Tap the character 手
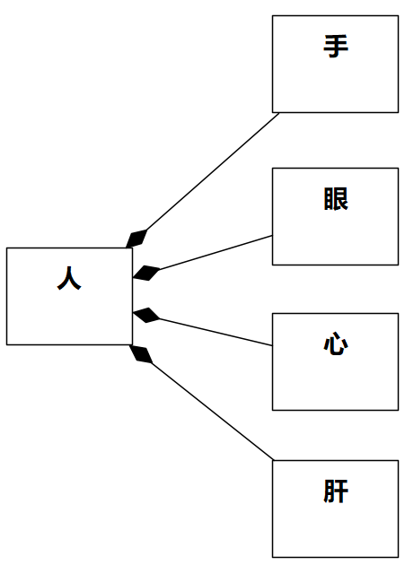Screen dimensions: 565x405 336,47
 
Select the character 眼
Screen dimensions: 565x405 336,199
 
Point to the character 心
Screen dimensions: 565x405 336,344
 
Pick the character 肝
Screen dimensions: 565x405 336,491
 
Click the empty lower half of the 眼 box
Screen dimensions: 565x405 336,240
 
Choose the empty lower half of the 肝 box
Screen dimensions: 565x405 336,533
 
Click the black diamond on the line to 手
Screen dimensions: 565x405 137,238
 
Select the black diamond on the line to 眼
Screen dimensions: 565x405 145,273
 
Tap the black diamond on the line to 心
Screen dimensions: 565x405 145,315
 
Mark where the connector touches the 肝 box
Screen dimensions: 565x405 273,463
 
